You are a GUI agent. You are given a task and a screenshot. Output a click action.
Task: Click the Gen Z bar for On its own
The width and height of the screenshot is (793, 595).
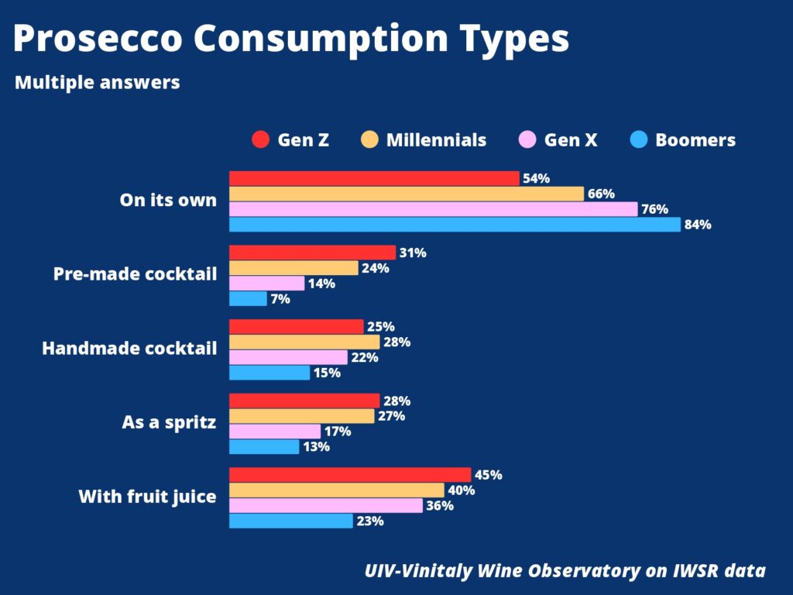pyautogui.click(x=374, y=178)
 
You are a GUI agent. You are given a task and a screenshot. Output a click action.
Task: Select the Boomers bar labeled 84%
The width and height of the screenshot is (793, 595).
pyautogui.click(x=455, y=225)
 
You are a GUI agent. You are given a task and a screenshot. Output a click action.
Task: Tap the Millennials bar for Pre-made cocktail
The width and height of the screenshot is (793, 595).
pyautogui.click(x=294, y=268)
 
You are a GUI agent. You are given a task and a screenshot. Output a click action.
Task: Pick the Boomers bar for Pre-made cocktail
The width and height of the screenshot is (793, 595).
pyautogui.click(x=248, y=298)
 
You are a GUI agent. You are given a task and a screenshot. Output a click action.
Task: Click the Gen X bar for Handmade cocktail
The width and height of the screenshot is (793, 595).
pyautogui.click(x=288, y=357)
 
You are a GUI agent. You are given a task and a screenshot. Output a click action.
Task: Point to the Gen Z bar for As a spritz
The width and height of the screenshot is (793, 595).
pyautogui.click(x=304, y=401)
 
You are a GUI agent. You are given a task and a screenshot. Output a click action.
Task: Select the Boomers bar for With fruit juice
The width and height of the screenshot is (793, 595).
pyautogui.click(x=291, y=521)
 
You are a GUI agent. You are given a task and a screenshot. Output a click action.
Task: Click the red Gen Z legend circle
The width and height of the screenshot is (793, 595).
pyautogui.click(x=261, y=140)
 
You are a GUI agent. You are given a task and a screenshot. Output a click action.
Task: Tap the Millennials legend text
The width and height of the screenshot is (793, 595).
pyautogui.click(x=436, y=140)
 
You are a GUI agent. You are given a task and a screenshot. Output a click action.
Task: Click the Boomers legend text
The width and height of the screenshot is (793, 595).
pyautogui.click(x=695, y=140)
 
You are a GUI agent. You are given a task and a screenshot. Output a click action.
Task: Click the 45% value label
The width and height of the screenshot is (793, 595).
pyautogui.click(x=489, y=475)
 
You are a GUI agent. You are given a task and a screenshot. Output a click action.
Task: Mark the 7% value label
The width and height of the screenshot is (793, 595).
pyautogui.click(x=280, y=299)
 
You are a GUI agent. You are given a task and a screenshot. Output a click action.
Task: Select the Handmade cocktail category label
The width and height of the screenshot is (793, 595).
pyautogui.click(x=129, y=349)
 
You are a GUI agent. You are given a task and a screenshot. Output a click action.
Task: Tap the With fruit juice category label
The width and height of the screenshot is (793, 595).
pyautogui.click(x=147, y=497)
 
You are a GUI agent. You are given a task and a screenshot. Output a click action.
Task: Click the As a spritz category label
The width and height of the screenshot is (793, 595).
pyautogui.click(x=169, y=423)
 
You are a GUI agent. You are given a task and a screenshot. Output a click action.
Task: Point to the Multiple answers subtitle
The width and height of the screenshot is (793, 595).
pyautogui.click(x=98, y=82)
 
